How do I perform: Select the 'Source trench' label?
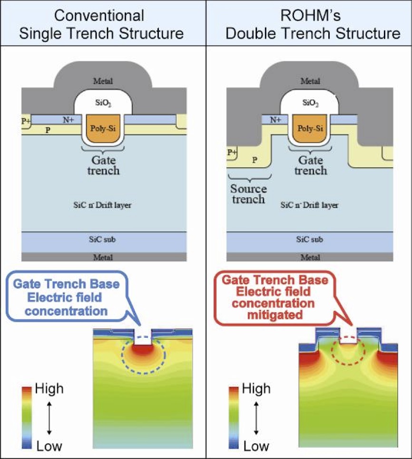coord(248,193)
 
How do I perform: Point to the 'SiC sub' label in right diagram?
coord(310,239)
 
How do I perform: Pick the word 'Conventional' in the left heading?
coord(99,16)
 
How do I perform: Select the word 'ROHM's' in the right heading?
coord(309,16)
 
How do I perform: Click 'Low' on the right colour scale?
coord(255,446)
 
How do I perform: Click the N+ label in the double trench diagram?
coord(275,120)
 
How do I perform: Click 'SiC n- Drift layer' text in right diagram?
coord(310,206)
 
